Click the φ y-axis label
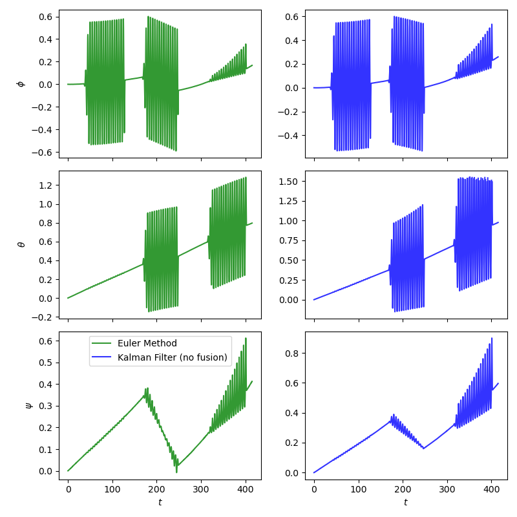coord(20,83)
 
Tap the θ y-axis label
coord(20,244)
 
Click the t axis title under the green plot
coord(160,502)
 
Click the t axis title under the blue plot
coord(406,502)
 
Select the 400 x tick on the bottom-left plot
coord(246,490)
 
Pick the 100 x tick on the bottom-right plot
coord(359,490)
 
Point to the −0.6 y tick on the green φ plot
coord(45,153)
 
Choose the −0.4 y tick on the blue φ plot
coord(289,136)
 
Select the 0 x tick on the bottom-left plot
coord(68,490)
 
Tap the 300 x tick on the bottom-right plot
coord(447,490)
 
